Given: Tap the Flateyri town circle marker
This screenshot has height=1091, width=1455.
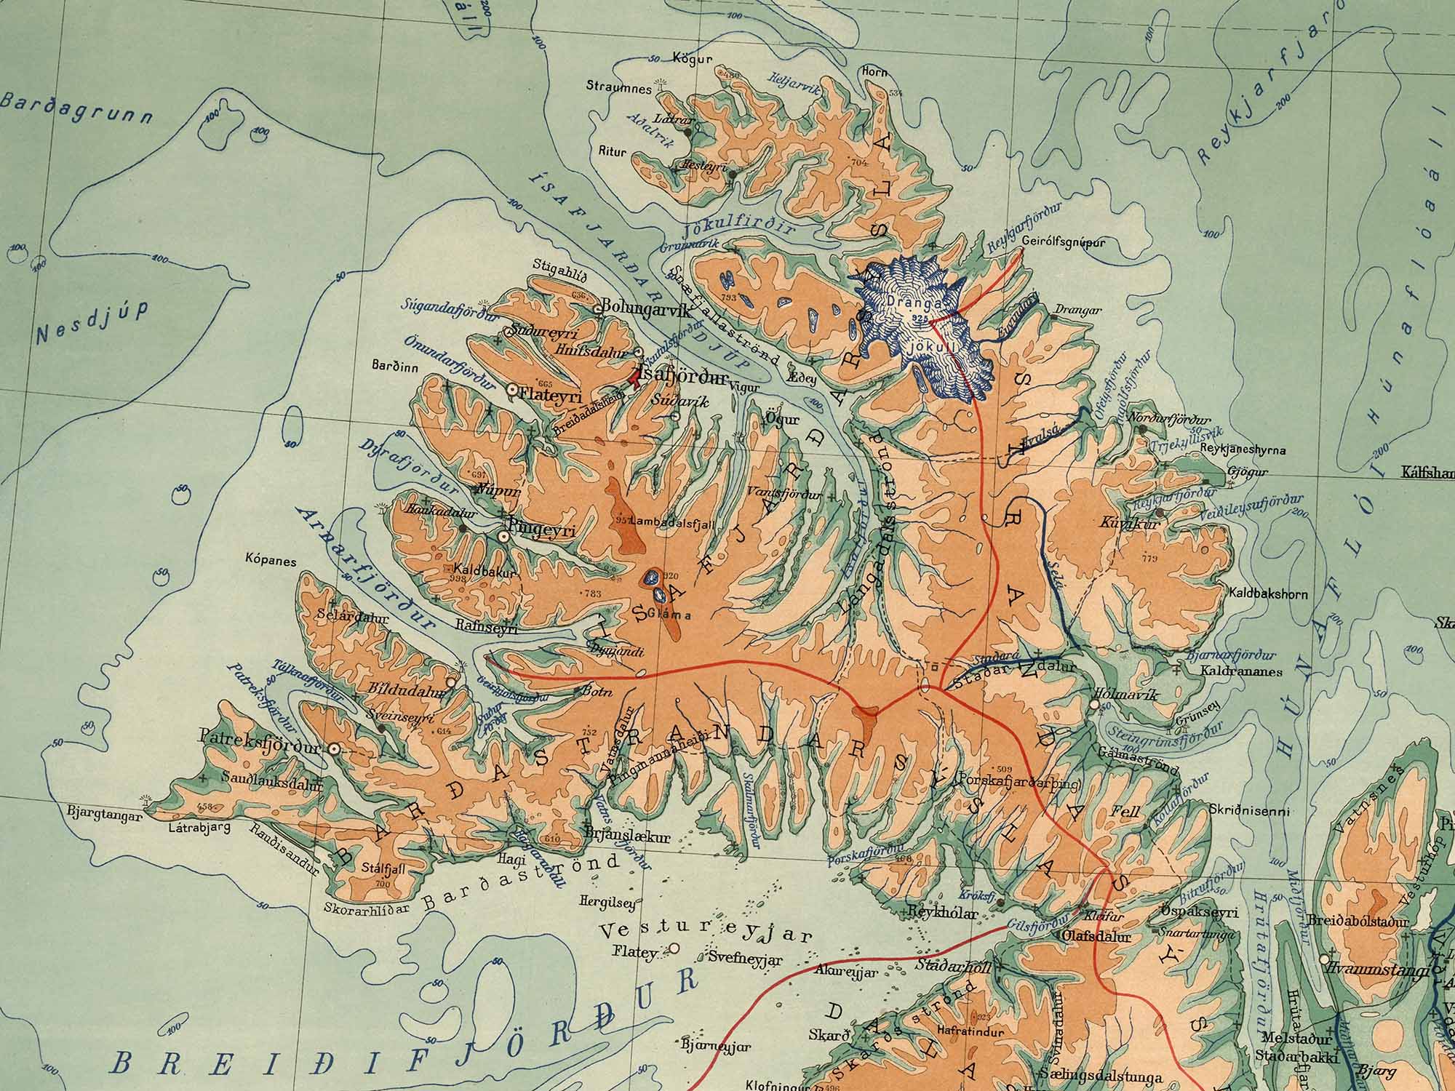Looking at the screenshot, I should (512, 390).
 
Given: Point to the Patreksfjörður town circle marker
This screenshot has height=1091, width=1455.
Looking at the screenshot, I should (334, 748).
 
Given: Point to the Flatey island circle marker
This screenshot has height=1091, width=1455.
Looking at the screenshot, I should (674, 948).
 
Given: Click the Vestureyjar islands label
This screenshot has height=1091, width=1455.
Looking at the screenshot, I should (706, 931).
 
